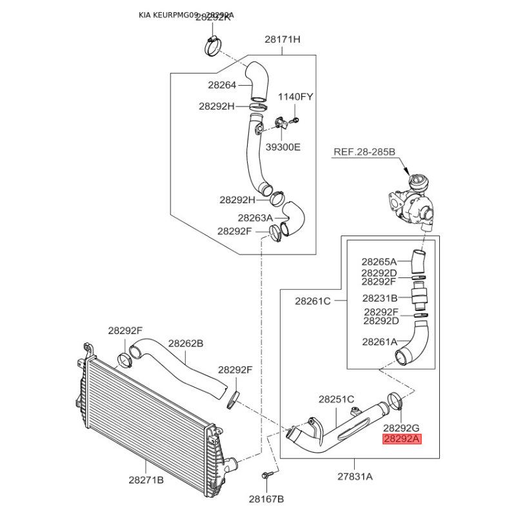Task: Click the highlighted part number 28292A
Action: pos(401,440)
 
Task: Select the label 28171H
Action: pos(283,39)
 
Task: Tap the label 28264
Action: pos(222,84)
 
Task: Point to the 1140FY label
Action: pos(295,97)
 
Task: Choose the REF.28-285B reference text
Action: pos(364,153)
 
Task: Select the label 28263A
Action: pos(255,218)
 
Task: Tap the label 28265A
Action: pos(379,262)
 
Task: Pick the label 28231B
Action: pos(379,298)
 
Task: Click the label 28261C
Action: pos(313,301)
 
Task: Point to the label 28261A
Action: pos(379,342)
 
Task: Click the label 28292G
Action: pos(401,427)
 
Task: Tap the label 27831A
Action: pos(355,478)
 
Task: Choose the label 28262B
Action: pos(186,344)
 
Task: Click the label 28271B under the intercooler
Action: pos(146,480)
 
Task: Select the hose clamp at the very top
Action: pos(210,46)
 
